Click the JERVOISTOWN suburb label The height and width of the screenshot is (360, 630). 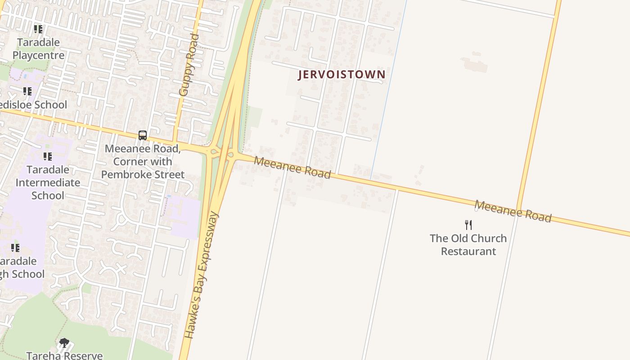[x=342, y=75]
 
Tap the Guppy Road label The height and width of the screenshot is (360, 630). [x=189, y=65]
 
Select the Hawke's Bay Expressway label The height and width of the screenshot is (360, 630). [x=201, y=275]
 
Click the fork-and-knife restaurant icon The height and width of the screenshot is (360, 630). [x=468, y=225]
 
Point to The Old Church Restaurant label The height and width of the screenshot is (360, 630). [x=468, y=245]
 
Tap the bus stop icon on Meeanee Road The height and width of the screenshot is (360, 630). [x=143, y=135]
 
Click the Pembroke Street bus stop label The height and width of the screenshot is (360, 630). [x=143, y=162]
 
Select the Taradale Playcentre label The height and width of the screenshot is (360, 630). [x=38, y=49]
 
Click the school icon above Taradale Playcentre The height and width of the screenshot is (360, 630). [x=38, y=29]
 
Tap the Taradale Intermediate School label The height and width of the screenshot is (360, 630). [x=48, y=182]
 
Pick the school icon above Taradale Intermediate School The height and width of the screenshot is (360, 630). [x=47, y=157]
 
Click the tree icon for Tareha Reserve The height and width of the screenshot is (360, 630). [x=64, y=343]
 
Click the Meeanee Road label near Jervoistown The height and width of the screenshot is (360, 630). [x=292, y=167]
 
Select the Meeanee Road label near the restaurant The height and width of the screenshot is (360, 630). [x=513, y=211]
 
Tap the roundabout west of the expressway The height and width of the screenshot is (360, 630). [x=214, y=152]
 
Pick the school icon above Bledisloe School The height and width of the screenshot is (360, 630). [x=27, y=91]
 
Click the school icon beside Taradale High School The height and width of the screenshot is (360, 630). [x=15, y=248]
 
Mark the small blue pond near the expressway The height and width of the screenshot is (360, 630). [x=169, y=197]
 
